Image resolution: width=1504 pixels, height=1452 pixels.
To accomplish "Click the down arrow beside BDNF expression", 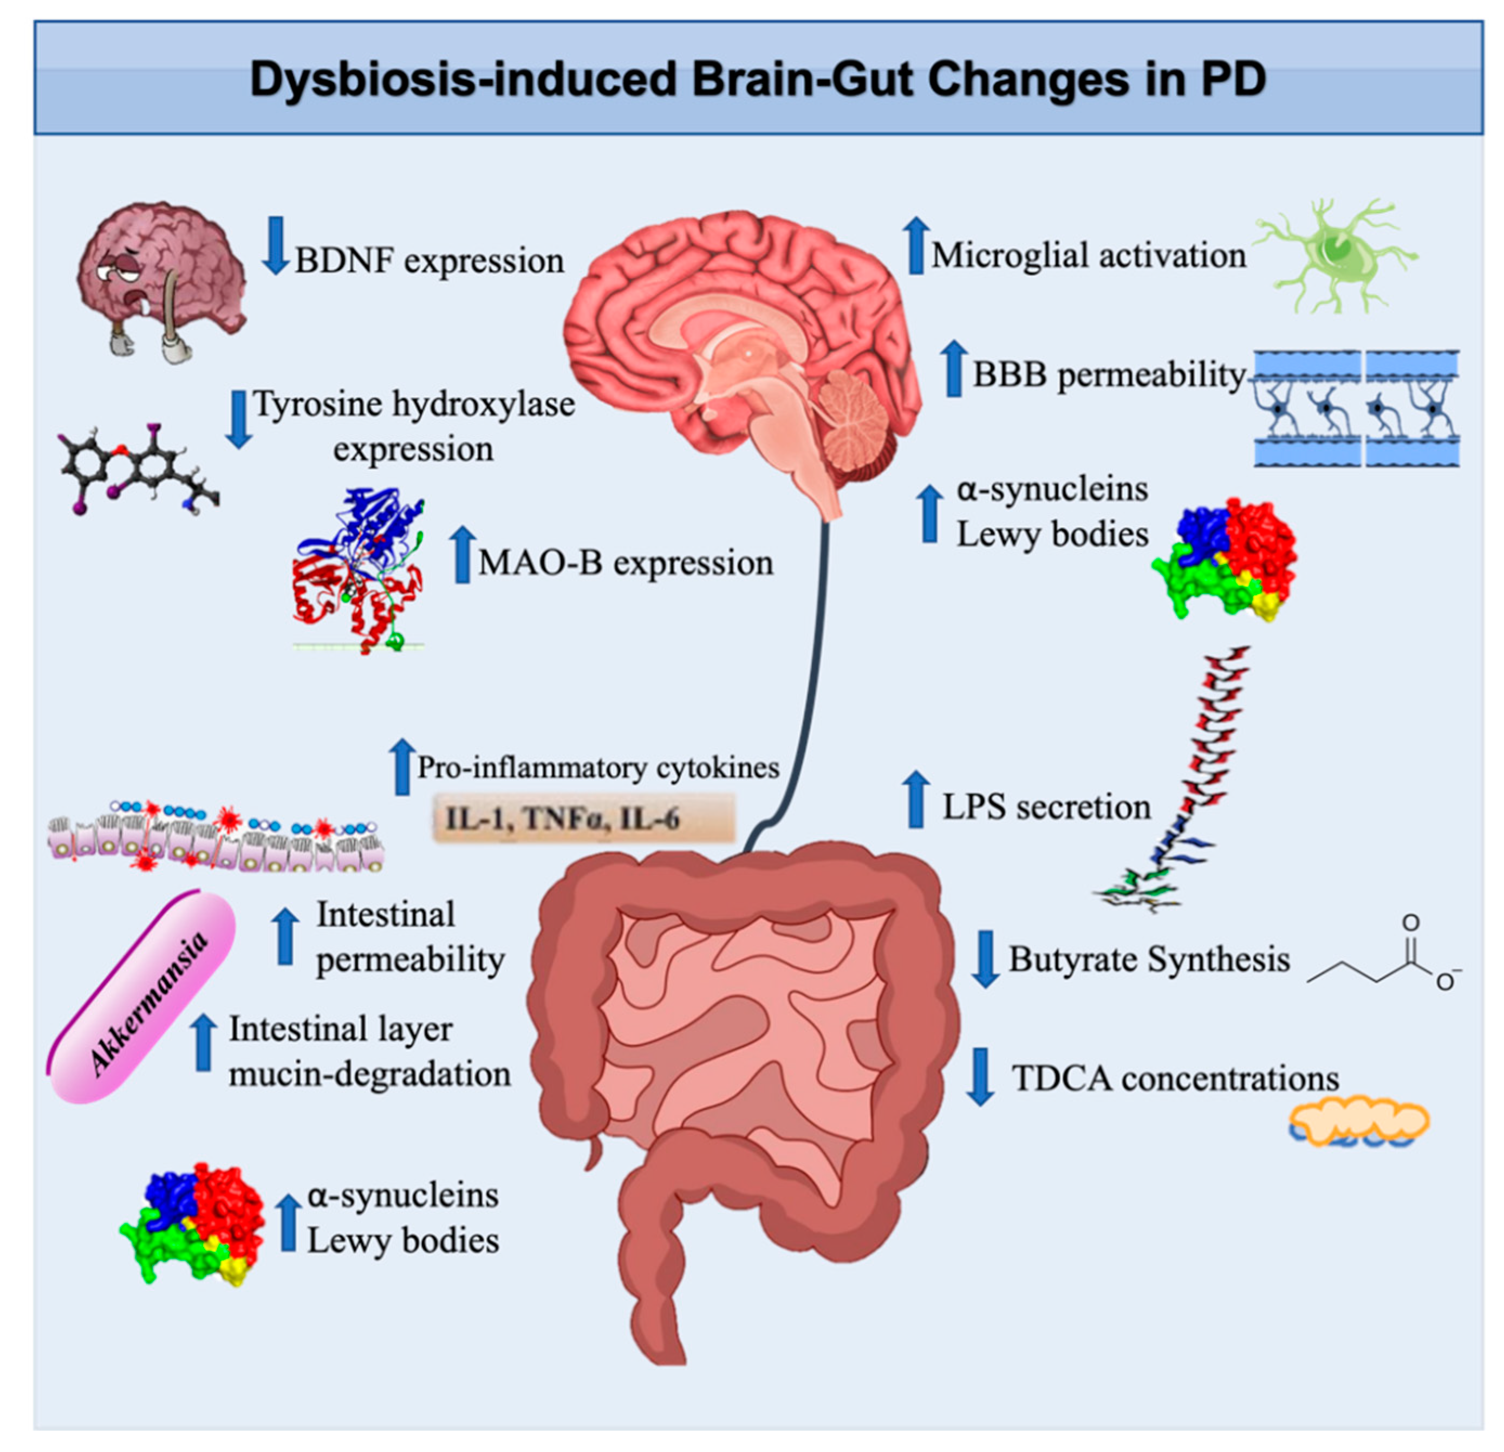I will (275, 245).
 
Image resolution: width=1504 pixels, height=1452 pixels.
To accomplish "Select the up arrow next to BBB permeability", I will (954, 369).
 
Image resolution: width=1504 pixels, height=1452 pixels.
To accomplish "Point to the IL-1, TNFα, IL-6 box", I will (584, 819).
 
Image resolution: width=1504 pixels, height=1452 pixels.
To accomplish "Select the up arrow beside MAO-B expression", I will (462, 555).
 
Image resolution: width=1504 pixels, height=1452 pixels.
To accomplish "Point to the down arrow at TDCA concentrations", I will (980, 1076).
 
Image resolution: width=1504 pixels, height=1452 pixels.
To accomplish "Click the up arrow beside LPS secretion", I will (915, 800).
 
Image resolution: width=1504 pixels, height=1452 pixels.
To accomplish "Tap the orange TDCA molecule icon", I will (1359, 1123).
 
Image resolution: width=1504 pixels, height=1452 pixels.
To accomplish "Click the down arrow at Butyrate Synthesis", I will (985, 958).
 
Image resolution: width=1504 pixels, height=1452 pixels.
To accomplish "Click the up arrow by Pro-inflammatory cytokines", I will (401, 767).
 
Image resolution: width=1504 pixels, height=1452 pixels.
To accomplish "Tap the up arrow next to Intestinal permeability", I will (285, 936).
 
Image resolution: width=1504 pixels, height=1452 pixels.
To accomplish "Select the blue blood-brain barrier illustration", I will (1357, 408).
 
